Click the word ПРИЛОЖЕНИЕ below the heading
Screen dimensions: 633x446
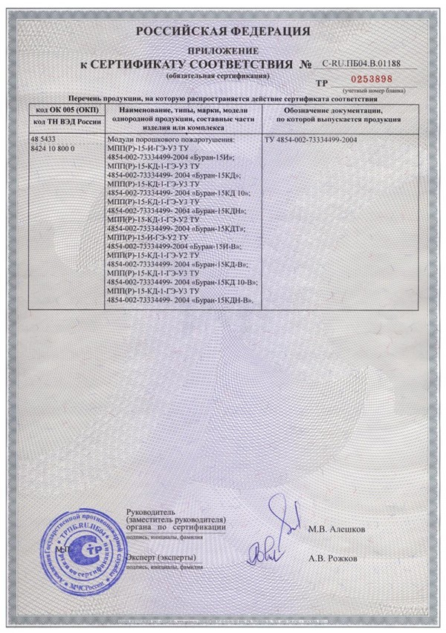pos(223,49)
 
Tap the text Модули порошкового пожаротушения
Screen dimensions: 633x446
pos(171,140)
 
